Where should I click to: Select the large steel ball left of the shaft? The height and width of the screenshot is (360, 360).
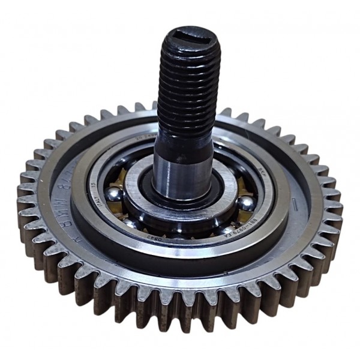point(115,196)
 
